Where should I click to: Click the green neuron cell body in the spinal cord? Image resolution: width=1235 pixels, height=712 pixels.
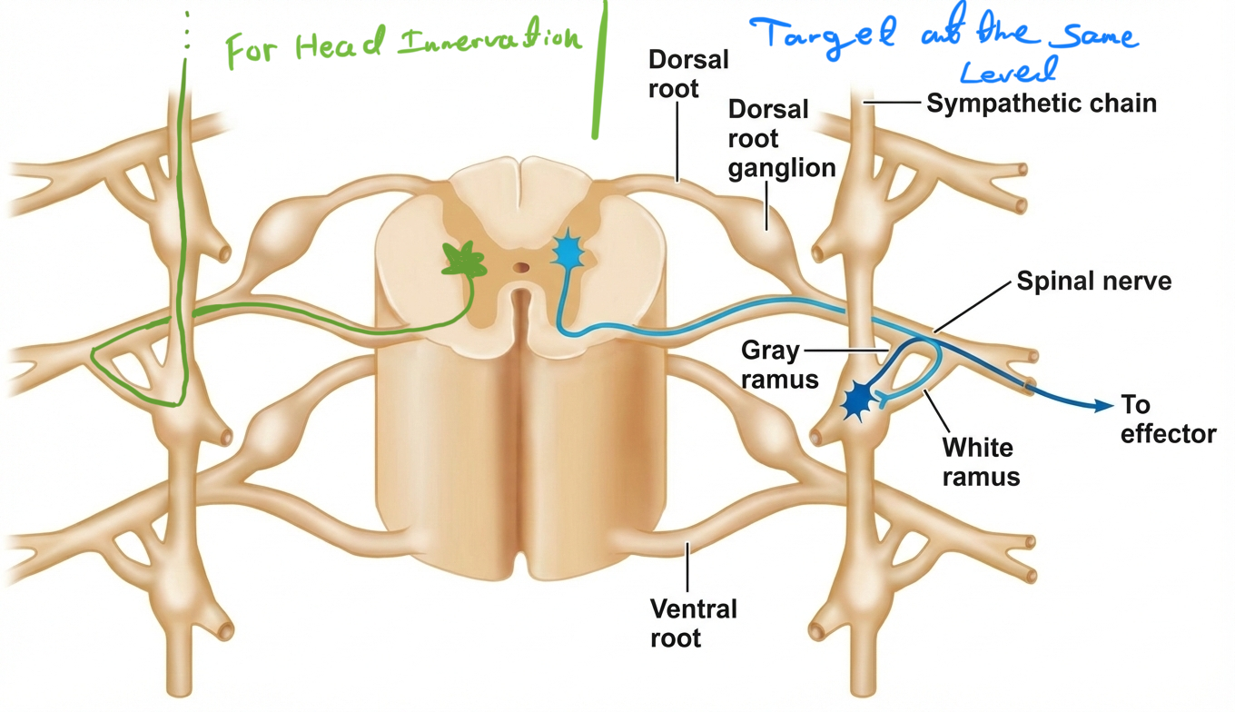click(465, 261)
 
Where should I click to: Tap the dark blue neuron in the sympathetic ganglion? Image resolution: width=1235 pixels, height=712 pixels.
click(857, 400)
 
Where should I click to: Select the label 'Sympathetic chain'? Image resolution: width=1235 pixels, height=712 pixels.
click(1041, 103)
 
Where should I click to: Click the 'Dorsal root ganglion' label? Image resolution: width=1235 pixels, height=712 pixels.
click(781, 138)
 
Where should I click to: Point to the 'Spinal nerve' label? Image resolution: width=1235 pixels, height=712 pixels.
click(1093, 281)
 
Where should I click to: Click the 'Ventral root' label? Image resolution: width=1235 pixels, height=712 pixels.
click(693, 622)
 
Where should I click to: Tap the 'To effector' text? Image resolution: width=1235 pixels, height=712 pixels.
click(1167, 419)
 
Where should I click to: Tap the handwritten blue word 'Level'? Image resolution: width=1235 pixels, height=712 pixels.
click(1009, 69)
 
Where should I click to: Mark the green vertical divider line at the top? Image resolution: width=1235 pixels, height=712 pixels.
click(598, 68)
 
